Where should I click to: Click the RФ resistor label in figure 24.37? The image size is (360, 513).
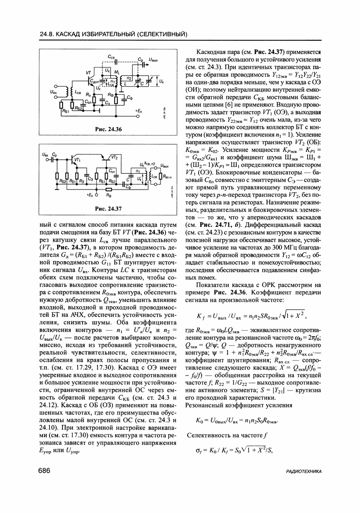coord(108,195)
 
